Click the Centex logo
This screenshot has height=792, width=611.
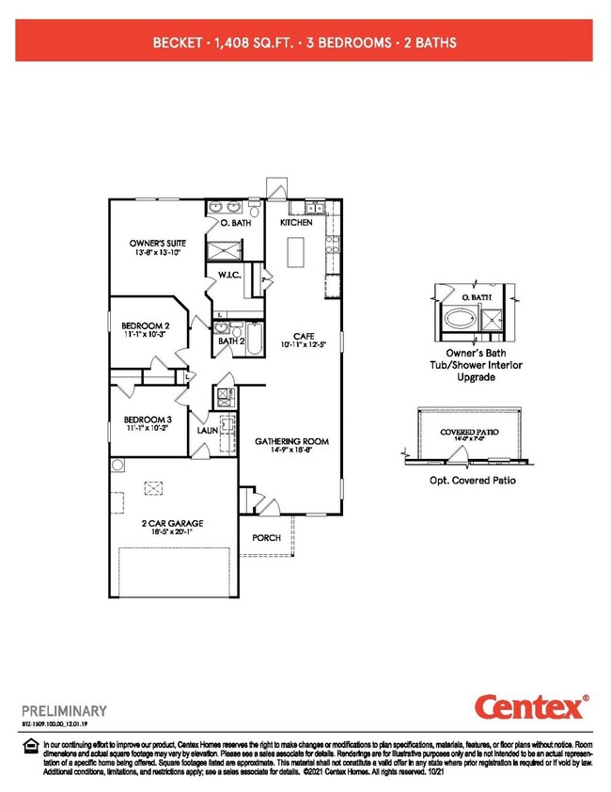(530, 706)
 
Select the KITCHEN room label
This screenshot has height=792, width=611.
(296, 224)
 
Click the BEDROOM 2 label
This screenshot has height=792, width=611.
(144, 325)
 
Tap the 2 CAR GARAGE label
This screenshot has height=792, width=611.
(173, 523)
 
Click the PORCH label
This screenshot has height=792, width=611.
(267, 538)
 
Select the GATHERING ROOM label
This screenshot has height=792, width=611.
(290, 441)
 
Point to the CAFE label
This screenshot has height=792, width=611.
(303, 336)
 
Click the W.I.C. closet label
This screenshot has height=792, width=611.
(230, 276)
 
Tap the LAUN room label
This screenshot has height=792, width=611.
(208, 431)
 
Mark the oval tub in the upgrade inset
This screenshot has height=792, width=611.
(460, 319)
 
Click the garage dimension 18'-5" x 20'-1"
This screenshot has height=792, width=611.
(173, 532)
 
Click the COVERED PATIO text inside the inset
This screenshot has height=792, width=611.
(469, 432)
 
